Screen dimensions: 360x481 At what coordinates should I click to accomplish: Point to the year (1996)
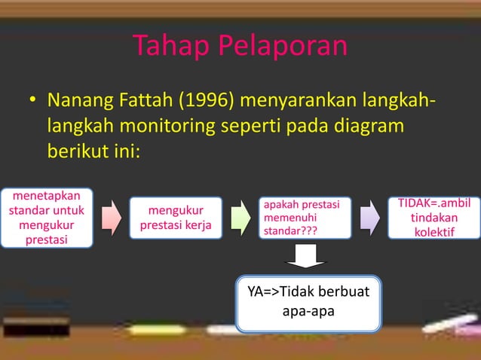[209, 99]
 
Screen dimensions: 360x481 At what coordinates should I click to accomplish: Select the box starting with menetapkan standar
[47, 218]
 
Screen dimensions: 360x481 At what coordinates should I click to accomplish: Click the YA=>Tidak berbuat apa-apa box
[308, 304]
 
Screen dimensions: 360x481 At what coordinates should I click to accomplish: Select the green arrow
[240, 218]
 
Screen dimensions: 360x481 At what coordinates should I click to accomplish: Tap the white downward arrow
[305, 258]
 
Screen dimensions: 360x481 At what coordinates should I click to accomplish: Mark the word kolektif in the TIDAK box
[434, 231]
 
